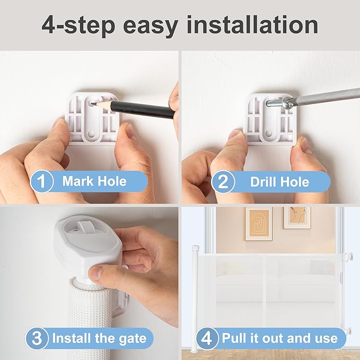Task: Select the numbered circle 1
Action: (42, 181)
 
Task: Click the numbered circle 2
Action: (223, 182)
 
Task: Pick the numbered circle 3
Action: (37, 338)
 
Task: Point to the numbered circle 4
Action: (207, 338)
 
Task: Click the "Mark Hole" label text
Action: (94, 181)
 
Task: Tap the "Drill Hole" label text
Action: (279, 182)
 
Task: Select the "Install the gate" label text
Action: (99, 338)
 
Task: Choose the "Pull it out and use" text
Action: (279, 338)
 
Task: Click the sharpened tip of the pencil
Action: (92, 104)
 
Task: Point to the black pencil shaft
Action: (142, 110)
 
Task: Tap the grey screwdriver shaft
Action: (326, 96)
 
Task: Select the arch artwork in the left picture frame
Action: (259, 224)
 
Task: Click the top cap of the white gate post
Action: (195, 248)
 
